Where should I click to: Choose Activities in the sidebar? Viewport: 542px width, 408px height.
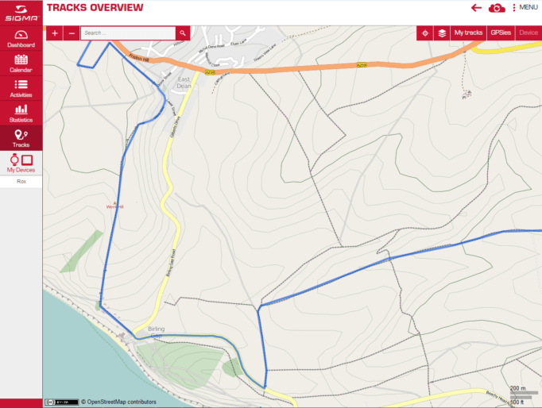pyautogui.click(x=21, y=88)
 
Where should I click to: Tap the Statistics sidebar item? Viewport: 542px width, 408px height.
pyautogui.click(x=21, y=113)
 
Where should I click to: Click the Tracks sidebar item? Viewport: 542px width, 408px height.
pyautogui.click(x=21, y=138)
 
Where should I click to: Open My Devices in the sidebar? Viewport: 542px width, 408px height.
pyautogui.click(x=21, y=164)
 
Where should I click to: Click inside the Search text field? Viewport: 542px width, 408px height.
pyautogui.click(x=127, y=33)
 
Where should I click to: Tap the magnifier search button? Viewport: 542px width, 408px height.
pyautogui.click(x=183, y=33)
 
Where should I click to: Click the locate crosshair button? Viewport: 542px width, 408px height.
pyautogui.click(x=425, y=33)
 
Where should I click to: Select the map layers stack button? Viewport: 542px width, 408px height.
pyautogui.click(x=442, y=33)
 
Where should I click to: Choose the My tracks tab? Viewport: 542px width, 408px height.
pyautogui.click(x=468, y=33)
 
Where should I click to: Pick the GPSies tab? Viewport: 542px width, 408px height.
pyautogui.click(x=500, y=33)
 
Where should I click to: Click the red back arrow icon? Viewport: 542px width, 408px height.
pyautogui.click(x=477, y=8)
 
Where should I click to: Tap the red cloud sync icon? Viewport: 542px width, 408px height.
pyautogui.click(x=497, y=8)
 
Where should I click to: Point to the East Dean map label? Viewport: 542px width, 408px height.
pyautogui.click(x=184, y=83)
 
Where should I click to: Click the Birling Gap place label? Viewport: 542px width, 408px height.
pyautogui.click(x=156, y=332)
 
